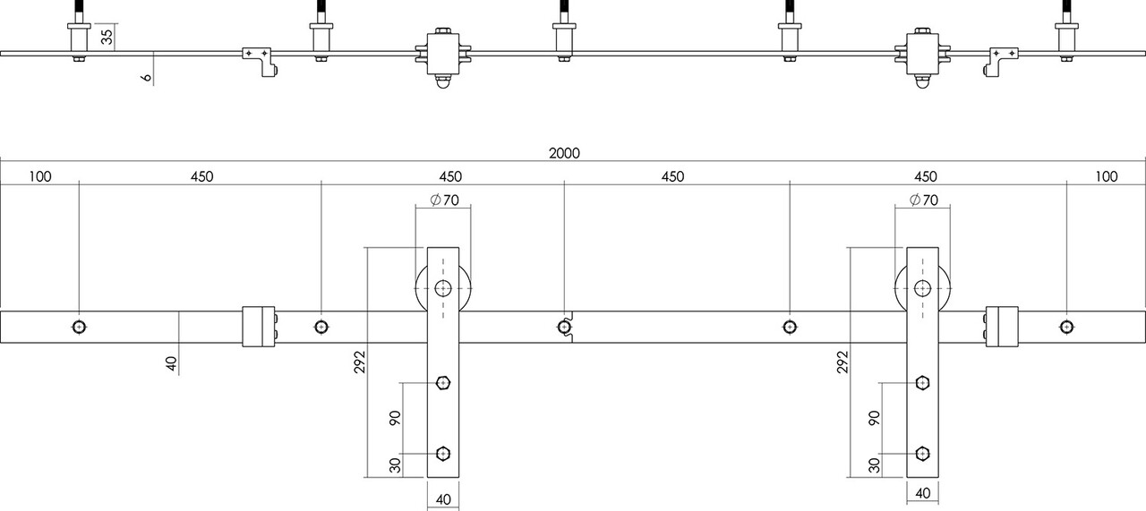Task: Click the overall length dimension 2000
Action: (564, 153)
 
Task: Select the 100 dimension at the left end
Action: (39, 176)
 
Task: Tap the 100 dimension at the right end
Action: (1107, 176)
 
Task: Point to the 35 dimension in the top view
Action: (107, 37)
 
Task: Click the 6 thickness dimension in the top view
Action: (145, 78)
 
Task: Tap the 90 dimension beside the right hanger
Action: (874, 418)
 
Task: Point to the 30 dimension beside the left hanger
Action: (395, 464)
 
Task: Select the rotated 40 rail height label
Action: (171, 362)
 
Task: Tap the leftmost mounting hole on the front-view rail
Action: (80, 326)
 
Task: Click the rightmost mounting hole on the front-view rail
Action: (1066, 326)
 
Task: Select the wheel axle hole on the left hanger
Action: (443, 288)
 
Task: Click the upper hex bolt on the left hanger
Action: (443, 384)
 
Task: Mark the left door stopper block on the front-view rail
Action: (259, 326)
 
